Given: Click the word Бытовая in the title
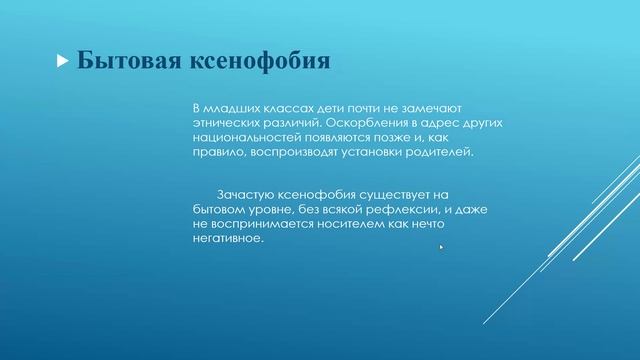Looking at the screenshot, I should tap(124, 61).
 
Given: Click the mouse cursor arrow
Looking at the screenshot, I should tap(441, 247).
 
